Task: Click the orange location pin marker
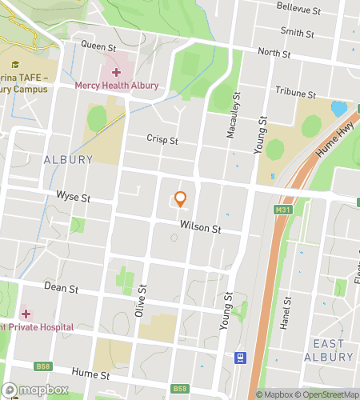(x=181, y=198)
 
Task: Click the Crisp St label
(x=162, y=139)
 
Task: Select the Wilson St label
(x=200, y=228)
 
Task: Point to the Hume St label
(x=90, y=374)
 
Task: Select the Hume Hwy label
(x=330, y=142)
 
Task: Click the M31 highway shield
(x=281, y=210)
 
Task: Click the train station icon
(x=238, y=358)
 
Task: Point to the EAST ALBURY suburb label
(x=329, y=350)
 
